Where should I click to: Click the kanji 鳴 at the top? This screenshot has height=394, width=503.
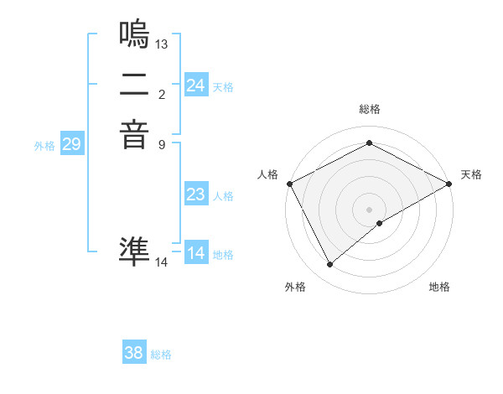pyautogui.click(x=135, y=34)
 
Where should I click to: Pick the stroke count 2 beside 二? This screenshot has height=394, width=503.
pyautogui.click(x=162, y=94)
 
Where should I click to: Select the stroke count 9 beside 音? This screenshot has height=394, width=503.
pyautogui.click(x=162, y=144)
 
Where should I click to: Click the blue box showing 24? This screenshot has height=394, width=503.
pyautogui.click(x=196, y=86)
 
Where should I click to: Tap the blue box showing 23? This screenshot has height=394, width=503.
pyautogui.click(x=196, y=194)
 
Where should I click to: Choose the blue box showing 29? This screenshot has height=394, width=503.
pyautogui.click(x=72, y=144)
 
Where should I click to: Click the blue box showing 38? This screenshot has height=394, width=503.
pyautogui.click(x=134, y=353)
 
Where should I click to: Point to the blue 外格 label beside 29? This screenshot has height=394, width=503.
pyautogui.click(x=44, y=146)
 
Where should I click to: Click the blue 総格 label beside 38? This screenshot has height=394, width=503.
pyautogui.click(x=161, y=355)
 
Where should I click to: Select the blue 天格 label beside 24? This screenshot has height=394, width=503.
pyautogui.click(x=223, y=87)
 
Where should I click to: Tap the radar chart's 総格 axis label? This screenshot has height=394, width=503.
pyautogui.click(x=369, y=109)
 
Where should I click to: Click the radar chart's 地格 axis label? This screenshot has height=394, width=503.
pyautogui.click(x=439, y=287)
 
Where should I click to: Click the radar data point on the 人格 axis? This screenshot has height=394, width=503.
pyautogui.click(x=289, y=184)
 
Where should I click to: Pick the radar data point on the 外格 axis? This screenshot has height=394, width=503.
pyautogui.click(x=329, y=265)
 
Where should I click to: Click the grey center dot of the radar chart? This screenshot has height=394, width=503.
pyautogui.click(x=369, y=209)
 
